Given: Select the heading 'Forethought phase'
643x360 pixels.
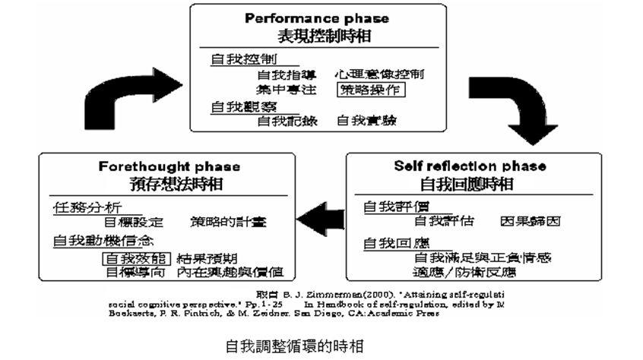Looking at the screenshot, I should [169, 166].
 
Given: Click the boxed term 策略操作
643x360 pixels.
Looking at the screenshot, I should [371, 90].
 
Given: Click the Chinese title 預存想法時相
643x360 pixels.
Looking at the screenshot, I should [169, 184].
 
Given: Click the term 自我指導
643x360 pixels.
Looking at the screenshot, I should [286, 74].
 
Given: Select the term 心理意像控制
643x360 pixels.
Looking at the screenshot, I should [379, 74].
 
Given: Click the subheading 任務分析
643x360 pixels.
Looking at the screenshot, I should [87, 207].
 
